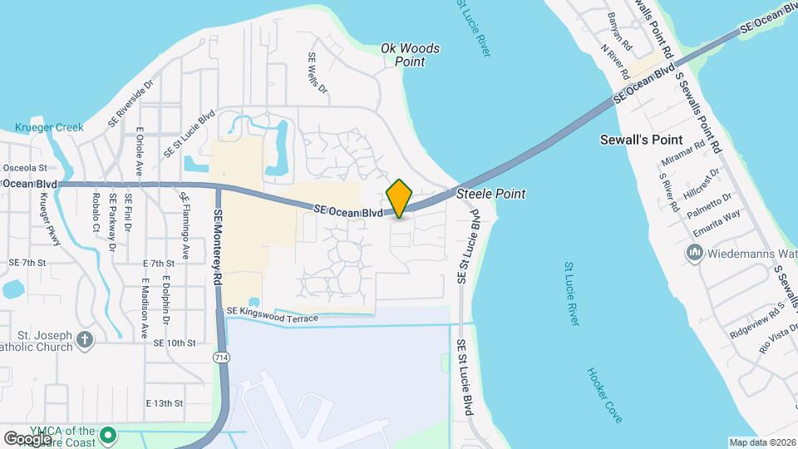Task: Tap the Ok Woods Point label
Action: pos(410,55)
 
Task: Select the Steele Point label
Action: pos(491,194)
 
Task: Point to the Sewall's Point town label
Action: pos(641,140)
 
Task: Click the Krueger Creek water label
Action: pos(38,128)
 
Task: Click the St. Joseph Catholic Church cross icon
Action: pos(84,339)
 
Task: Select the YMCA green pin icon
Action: pos(106,435)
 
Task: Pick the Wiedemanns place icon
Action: pos(695,252)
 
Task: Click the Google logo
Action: pos(28,438)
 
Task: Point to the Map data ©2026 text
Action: pos(761,442)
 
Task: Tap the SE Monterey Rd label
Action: pos(219,249)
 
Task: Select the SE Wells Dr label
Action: pos(318,72)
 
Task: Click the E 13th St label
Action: pos(164,403)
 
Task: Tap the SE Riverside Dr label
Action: pos(131,104)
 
